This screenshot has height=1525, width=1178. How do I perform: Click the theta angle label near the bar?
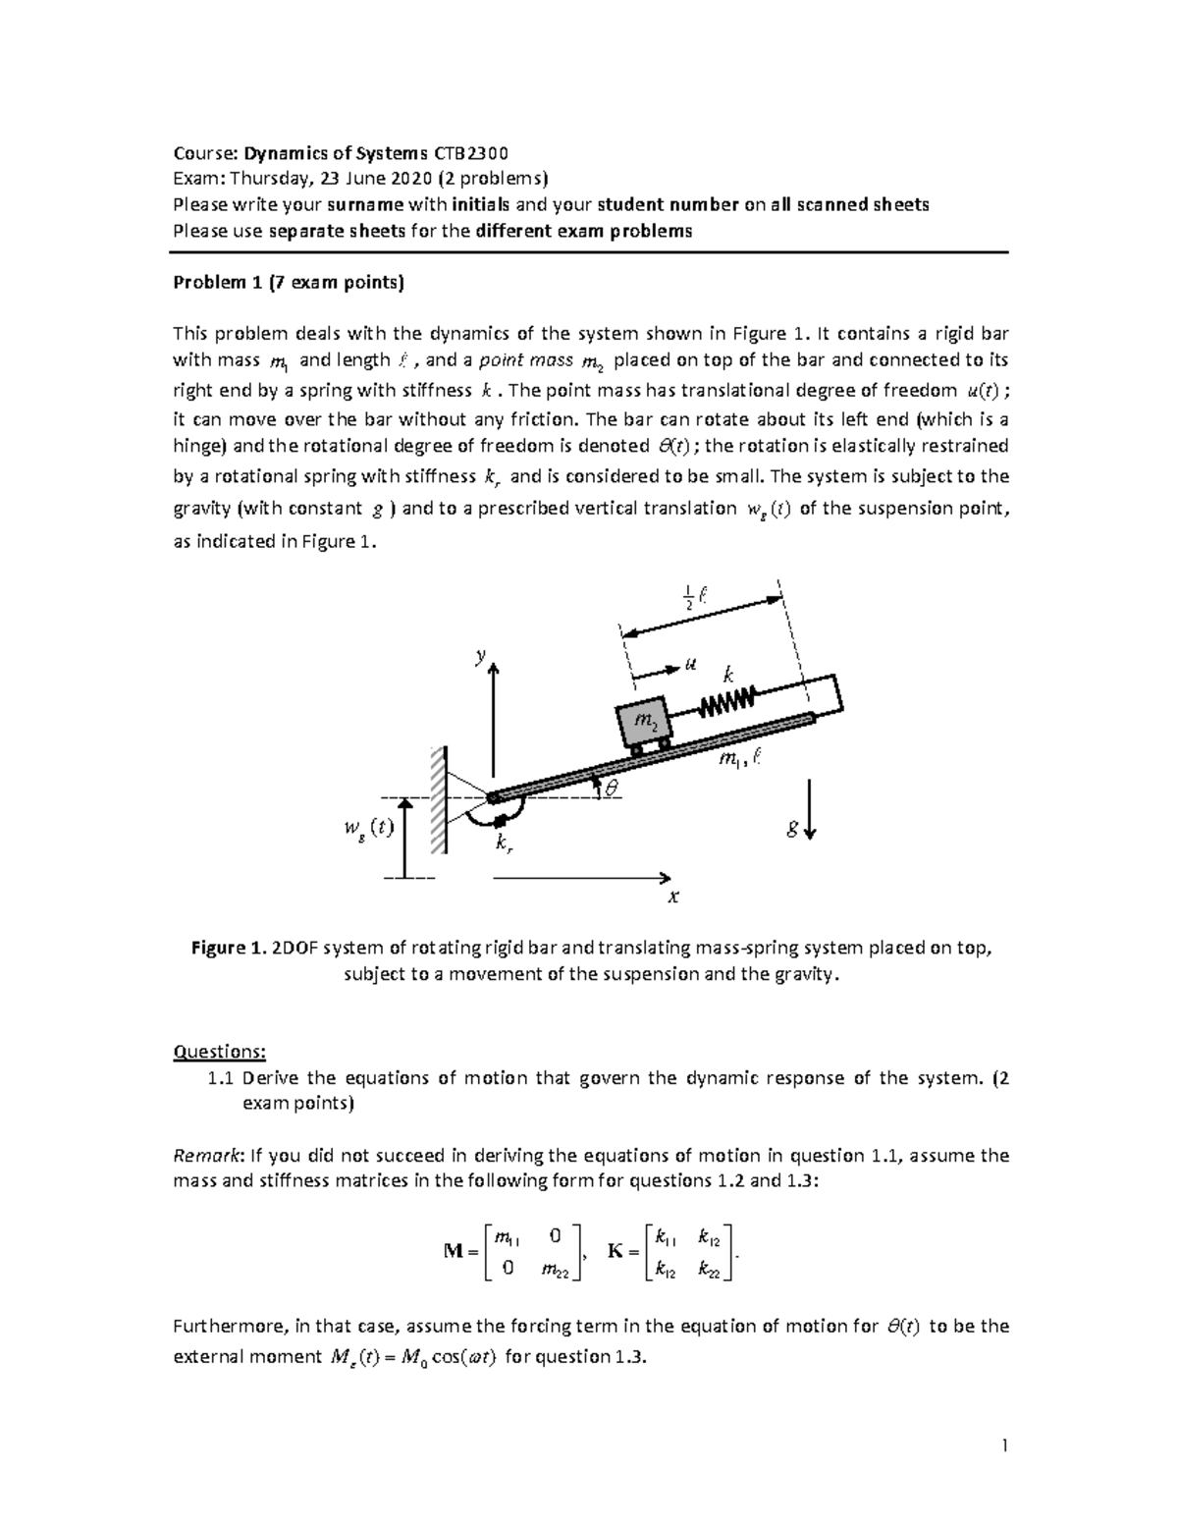(x=613, y=787)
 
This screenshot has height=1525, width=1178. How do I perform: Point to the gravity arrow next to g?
(x=810, y=810)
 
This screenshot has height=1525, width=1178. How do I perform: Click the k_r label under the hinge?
(x=503, y=844)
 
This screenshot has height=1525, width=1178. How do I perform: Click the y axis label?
(x=480, y=657)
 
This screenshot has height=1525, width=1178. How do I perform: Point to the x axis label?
(x=673, y=897)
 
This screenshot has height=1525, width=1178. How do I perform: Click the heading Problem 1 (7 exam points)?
(x=288, y=283)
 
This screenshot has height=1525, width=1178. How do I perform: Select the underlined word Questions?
(x=219, y=1052)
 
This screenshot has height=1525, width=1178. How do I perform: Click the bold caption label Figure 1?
(x=228, y=949)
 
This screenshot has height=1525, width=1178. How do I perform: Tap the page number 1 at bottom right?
(x=1004, y=1445)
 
